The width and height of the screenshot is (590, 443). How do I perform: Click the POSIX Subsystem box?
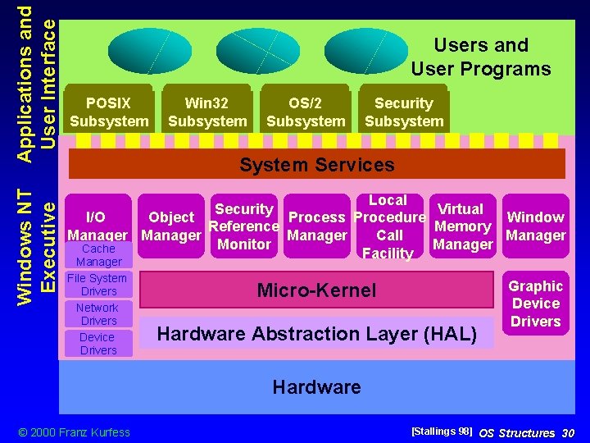click(x=109, y=112)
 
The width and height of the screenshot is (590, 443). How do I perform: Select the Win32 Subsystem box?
click(x=206, y=112)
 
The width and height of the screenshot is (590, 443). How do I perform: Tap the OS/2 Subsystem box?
click(x=306, y=112)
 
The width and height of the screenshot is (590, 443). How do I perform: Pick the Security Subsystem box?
click(x=403, y=112)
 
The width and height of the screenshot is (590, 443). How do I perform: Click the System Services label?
click(x=316, y=164)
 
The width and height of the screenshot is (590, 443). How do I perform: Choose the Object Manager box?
click(x=170, y=226)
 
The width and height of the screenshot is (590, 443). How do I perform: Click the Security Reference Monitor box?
click(x=244, y=226)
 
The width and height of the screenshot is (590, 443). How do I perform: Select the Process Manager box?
click(x=317, y=226)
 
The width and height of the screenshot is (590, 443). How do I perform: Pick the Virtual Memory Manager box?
click(x=462, y=226)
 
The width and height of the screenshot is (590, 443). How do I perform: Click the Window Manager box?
click(x=535, y=226)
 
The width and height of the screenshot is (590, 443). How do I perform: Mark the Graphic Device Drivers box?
click(x=535, y=304)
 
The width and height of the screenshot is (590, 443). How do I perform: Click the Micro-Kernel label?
click(x=316, y=290)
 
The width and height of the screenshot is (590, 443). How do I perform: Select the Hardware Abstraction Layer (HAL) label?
click(x=316, y=333)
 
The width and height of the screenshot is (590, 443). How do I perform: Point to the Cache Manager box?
click(x=98, y=255)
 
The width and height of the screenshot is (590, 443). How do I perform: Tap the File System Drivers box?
click(x=98, y=285)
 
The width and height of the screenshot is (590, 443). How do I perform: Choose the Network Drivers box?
click(x=98, y=314)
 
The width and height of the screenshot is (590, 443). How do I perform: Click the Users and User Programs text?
click(x=481, y=57)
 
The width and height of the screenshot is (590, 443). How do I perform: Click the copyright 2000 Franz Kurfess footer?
click(x=74, y=432)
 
